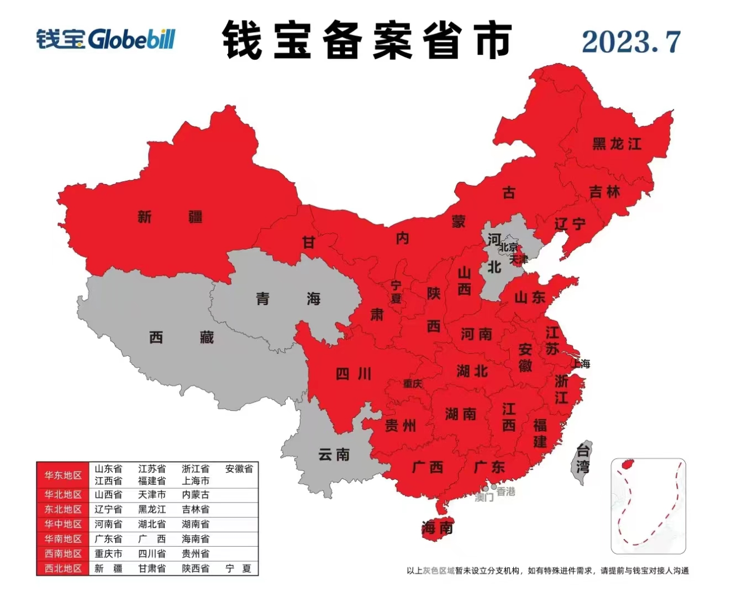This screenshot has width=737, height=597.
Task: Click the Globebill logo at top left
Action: [106, 39]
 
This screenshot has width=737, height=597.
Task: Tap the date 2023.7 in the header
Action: [630, 42]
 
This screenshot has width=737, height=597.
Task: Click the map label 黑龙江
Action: [617, 144]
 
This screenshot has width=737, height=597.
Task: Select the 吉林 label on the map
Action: [604, 192]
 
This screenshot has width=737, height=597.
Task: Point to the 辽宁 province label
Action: [570, 224]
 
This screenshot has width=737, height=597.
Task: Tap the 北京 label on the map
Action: [509, 247]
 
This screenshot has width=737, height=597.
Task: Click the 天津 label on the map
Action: [518, 258]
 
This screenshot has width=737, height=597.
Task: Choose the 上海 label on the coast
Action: [581, 363]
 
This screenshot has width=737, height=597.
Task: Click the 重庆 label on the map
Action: [412, 383]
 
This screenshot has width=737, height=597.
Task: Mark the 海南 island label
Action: [437, 527]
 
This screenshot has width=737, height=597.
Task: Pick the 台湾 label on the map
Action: [583, 458]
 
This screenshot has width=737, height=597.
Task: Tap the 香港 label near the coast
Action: [505, 491]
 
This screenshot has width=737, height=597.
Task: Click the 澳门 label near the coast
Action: [484, 498]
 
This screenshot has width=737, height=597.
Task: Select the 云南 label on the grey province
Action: [334, 454]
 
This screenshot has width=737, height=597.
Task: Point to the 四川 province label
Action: [354, 374]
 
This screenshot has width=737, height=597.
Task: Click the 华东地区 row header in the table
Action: [63, 475]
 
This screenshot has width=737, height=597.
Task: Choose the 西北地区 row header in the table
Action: [63, 568]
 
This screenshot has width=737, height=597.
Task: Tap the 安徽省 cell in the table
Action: [239, 469]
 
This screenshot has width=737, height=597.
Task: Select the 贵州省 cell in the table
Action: [196, 553]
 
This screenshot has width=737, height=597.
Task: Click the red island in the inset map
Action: [627, 464]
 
